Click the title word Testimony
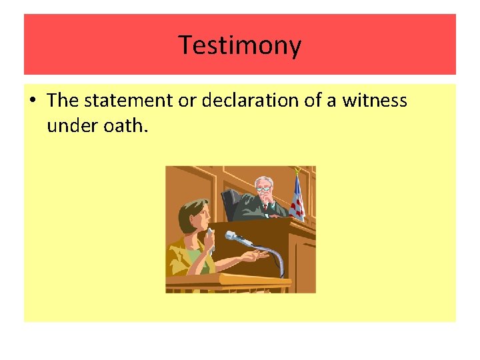(x=240, y=45)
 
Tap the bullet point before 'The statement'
(x=31, y=101)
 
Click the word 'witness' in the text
(x=375, y=101)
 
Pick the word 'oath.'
(x=121, y=125)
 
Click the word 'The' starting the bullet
(x=63, y=101)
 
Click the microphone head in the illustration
(x=231, y=235)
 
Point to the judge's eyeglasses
(x=265, y=189)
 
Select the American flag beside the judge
(x=297, y=197)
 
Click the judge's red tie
(x=265, y=207)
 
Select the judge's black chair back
(x=231, y=203)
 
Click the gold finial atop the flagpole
(x=297, y=170)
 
